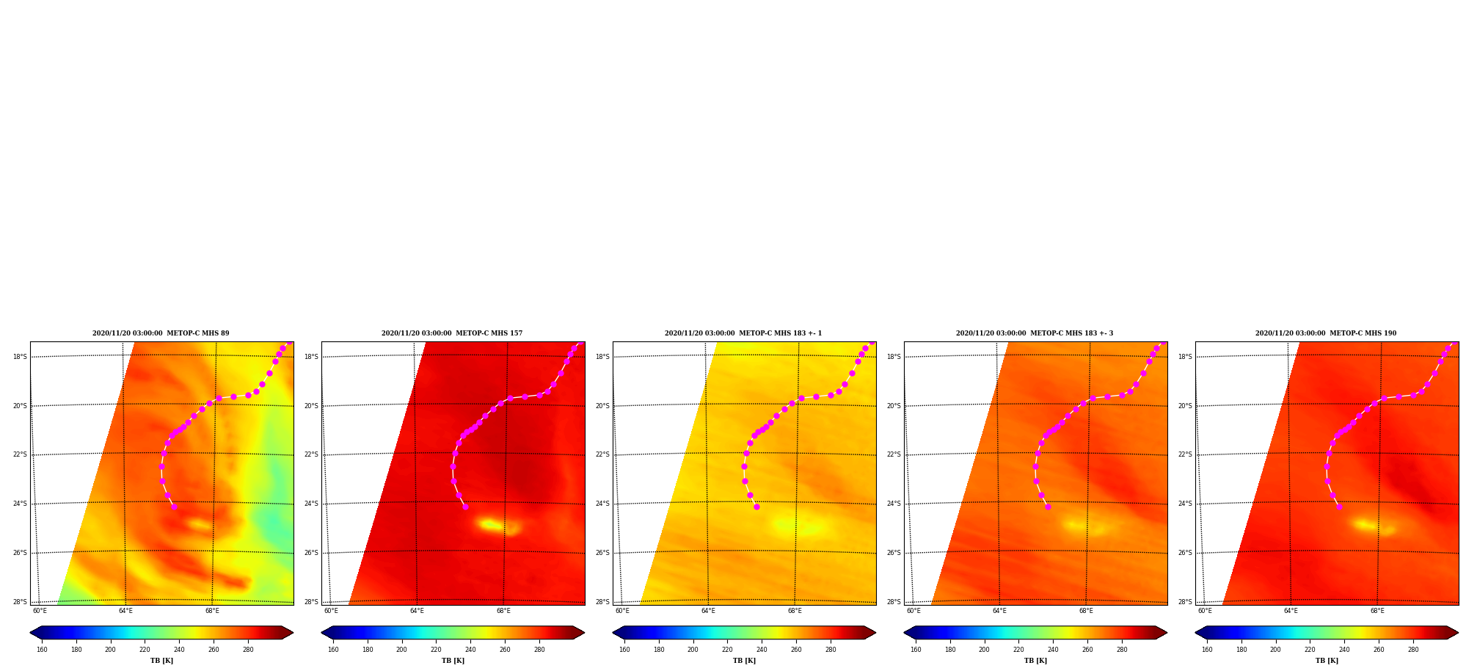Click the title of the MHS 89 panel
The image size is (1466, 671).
(x=161, y=333)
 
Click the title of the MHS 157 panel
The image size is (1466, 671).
(x=452, y=333)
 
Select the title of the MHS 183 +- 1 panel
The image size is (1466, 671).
(x=743, y=333)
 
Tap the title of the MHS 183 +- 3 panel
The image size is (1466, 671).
(x=1035, y=333)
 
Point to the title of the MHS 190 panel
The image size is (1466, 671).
(x=1326, y=333)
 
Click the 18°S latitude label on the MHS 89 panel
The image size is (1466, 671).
(x=20, y=358)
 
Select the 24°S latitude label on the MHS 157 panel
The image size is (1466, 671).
(x=311, y=504)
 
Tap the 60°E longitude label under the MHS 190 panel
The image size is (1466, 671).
(x=1206, y=611)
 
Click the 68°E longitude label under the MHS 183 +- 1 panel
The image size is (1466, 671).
(x=795, y=611)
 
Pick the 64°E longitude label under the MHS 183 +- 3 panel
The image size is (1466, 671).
(x=999, y=611)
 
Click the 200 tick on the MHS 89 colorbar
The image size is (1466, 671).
(x=110, y=650)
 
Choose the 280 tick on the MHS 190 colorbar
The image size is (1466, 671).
(x=1413, y=650)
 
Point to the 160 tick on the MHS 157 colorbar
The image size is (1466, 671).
(x=333, y=650)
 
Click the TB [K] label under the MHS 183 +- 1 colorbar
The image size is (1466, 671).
(x=744, y=661)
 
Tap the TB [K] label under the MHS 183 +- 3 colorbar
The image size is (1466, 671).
(x=1035, y=661)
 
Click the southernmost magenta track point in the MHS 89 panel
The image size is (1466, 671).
(x=174, y=507)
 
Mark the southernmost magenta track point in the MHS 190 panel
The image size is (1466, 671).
(x=1339, y=507)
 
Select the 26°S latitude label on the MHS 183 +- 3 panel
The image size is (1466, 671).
(x=894, y=553)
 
